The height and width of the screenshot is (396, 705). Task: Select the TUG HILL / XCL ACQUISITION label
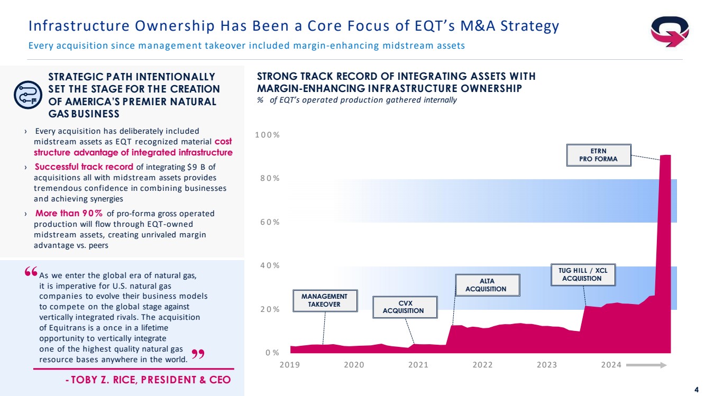(583, 274)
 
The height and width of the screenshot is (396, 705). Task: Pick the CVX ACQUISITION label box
(405, 307)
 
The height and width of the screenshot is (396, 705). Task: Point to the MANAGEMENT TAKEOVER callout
(324, 300)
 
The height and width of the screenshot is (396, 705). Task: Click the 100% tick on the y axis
(267, 135)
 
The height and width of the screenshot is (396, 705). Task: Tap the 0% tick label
(272, 352)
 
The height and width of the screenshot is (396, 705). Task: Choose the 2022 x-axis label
(482, 365)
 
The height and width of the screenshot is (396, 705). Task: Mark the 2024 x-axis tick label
(611, 365)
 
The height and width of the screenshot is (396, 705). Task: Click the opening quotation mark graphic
(31, 272)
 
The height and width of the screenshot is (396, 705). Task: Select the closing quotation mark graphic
(197, 353)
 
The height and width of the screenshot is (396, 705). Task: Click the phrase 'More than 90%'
(69, 214)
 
